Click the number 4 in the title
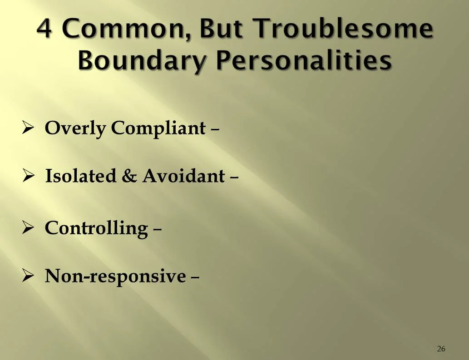pyautogui.click(x=46, y=30)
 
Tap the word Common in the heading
pyautogui.click(x=119, y=30)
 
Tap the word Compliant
pyautogui.click(x=158, y=128)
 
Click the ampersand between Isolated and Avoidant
pyautogui.click(x=129, y=176)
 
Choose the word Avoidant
pyautogui.click(x=183, y=176)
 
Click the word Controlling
pyautogui.click(x=96, y=228)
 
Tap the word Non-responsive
pyautogui.click(x=115, y=276)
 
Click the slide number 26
pyautogui.click(x=441, y=349)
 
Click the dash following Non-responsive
pyautogui.click(x=195, y=277)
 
